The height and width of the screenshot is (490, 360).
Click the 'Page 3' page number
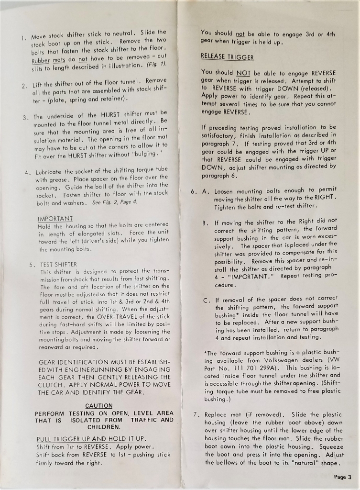coord(342,477)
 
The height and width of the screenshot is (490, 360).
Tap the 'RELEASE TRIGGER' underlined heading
coord(227,57)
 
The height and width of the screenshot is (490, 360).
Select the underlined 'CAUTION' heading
coord(99,406)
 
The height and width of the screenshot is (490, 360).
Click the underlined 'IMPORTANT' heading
coord(55,218)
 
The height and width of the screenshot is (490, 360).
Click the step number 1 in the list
coord(23,37)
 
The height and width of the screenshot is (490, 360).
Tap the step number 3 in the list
coord(25,117)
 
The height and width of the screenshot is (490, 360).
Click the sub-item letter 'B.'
coord(205,223)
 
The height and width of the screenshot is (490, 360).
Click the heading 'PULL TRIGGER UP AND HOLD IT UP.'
coord(91,439)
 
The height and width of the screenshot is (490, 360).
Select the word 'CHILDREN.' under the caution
coord(104,426)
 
